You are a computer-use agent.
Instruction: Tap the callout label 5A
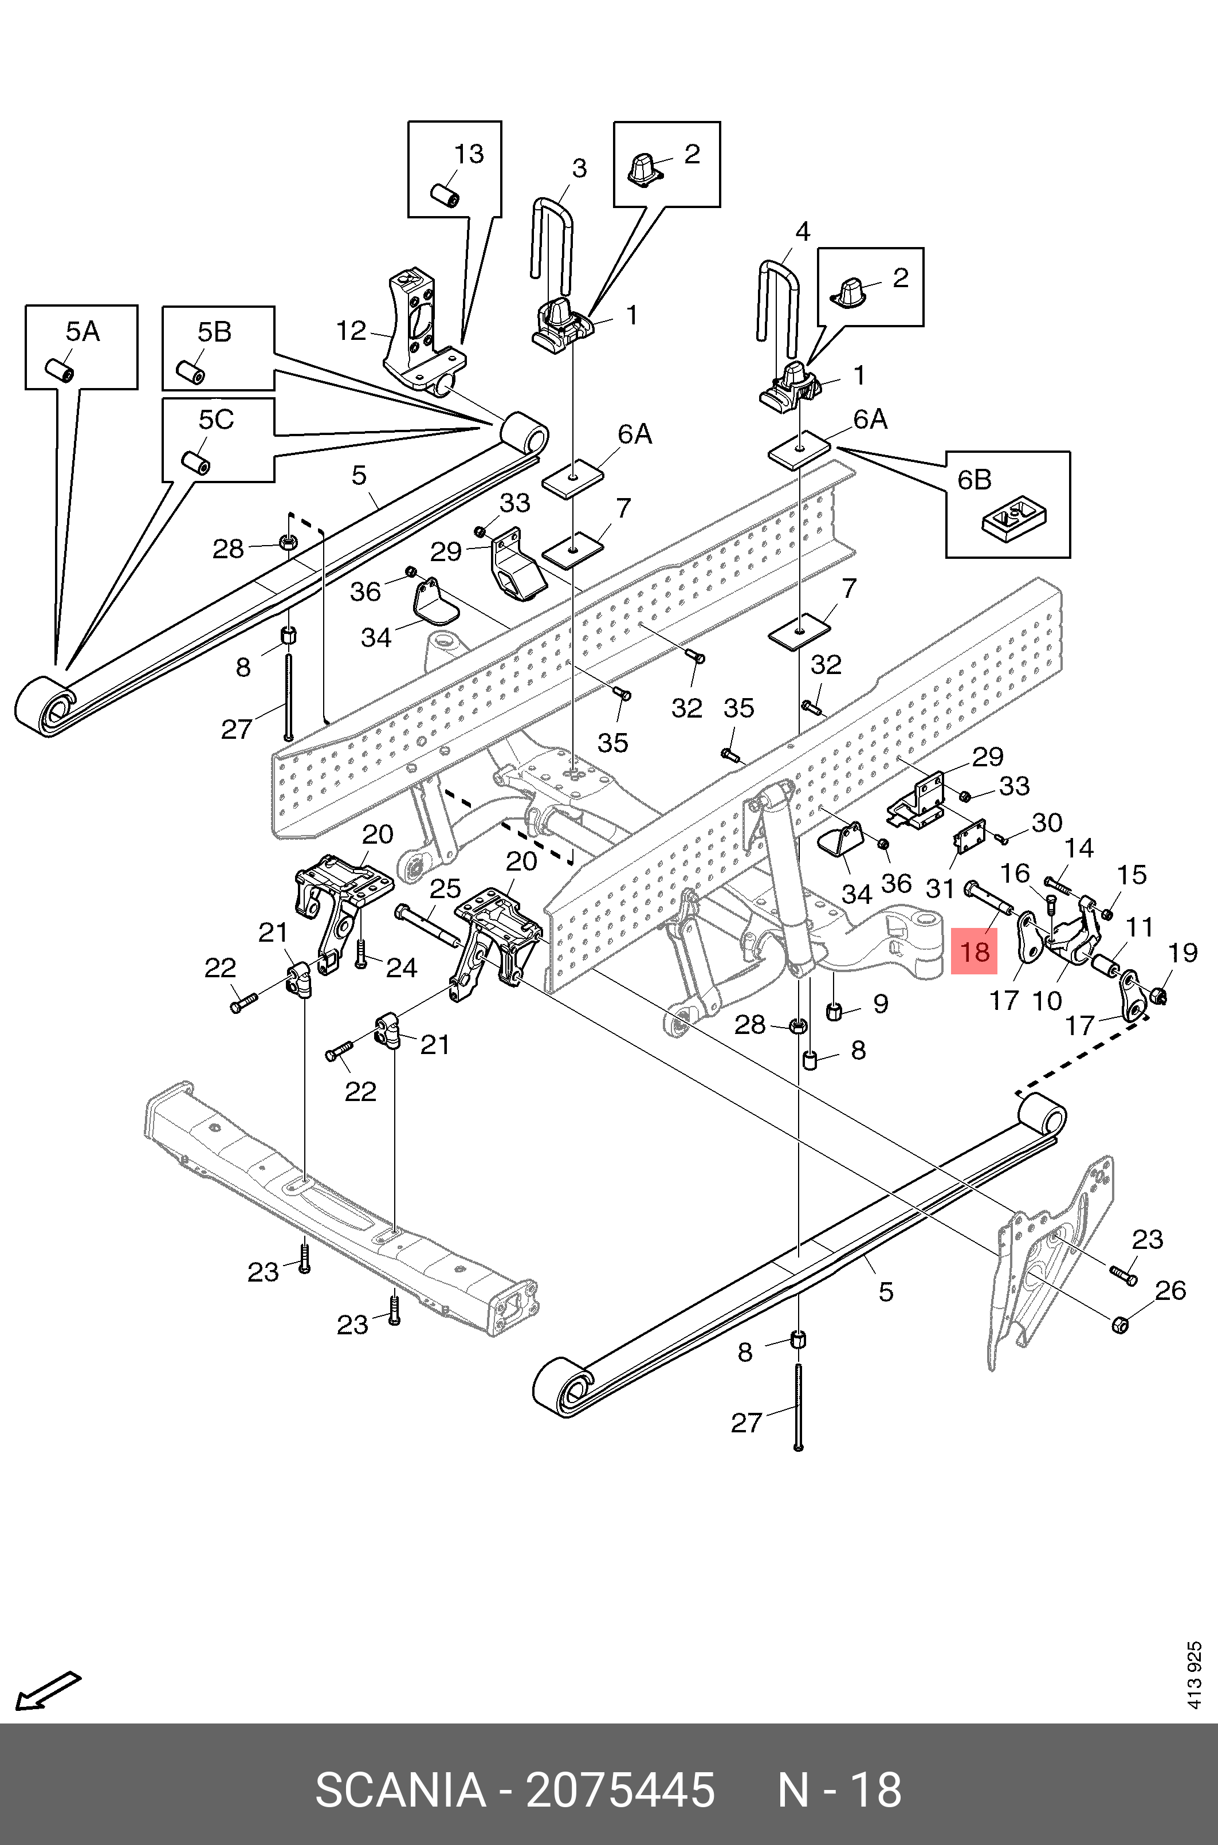[82, 332]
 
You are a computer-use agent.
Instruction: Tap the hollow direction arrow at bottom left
[48, 1689]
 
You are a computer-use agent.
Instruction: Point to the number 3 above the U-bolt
[579, 168]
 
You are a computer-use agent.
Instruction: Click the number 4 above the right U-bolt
[803, 232]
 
